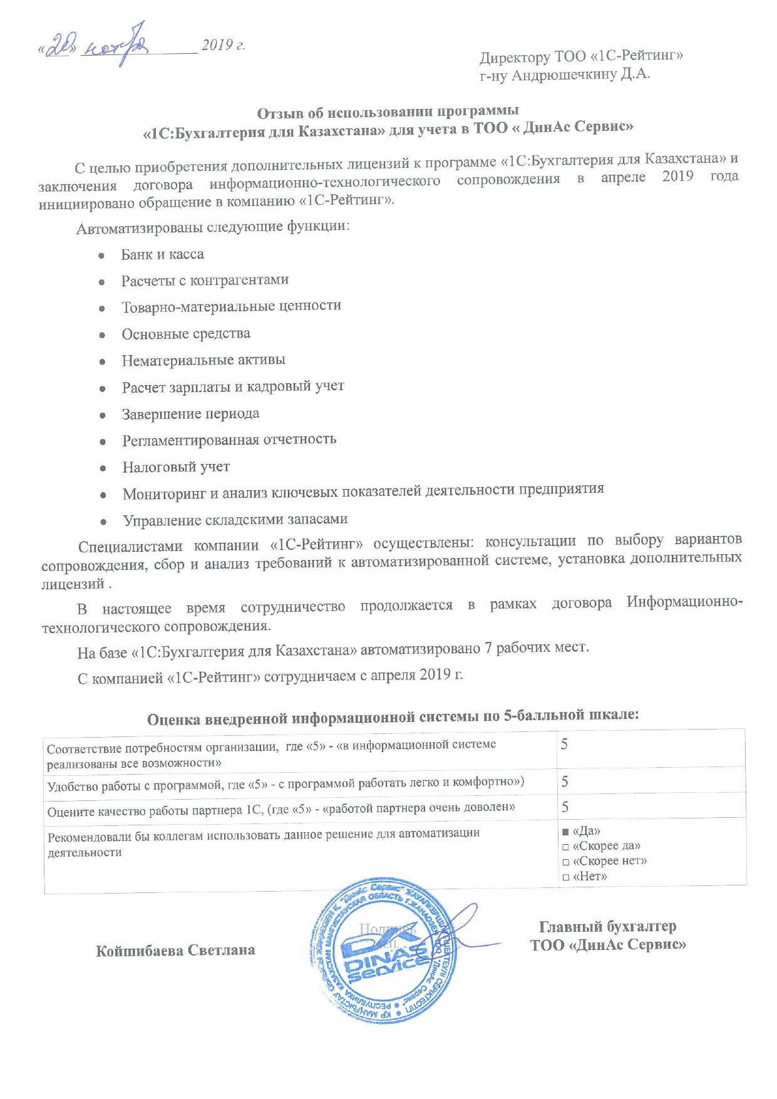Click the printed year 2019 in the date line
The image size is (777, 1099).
point(217,45)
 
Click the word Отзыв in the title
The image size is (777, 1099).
point(279,113)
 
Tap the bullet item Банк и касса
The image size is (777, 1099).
point(162,254)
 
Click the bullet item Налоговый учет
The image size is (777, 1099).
point(176,467)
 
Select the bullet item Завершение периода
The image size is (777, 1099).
point(190,414)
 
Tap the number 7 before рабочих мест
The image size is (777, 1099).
point(488,648)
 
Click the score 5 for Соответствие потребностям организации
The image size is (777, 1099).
point(564,744)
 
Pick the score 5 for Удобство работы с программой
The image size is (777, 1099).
point(565,781)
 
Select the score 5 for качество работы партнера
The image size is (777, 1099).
point(565,807)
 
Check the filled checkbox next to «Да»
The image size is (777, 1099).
point(565,832)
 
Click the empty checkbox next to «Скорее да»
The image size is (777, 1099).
point(565,847)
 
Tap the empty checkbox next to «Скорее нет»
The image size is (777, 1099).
point(565,862)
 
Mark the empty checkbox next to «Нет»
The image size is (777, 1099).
point(565,877)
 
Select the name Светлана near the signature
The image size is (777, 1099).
point(222,950)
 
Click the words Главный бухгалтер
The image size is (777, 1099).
point(607,926)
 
